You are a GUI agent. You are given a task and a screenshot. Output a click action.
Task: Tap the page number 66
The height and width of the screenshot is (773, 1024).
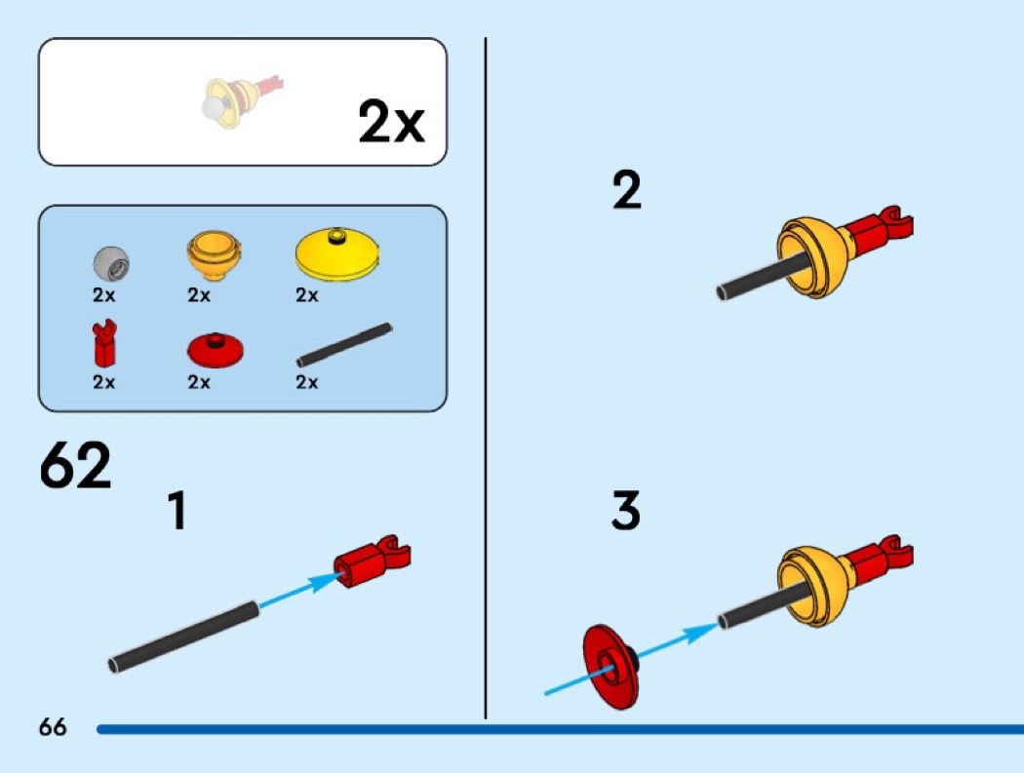tap(53, 727)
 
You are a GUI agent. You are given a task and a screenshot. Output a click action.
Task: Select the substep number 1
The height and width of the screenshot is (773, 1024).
tap(177, 511)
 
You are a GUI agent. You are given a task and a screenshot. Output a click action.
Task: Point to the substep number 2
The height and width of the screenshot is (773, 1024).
tap(627, 190)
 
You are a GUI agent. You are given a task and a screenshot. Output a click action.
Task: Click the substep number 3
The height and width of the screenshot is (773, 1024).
tap(626, 512)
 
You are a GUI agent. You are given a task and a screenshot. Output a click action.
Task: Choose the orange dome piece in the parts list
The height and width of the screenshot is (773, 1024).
tap(214, 254)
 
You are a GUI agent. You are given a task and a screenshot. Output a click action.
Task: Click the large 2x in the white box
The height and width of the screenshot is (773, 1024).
tap(391, 123)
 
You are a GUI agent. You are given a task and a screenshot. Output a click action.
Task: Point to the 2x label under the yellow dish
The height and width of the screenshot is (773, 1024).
tap(307, 295)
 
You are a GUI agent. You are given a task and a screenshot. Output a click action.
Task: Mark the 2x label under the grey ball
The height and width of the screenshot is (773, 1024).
tap(104, 295)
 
